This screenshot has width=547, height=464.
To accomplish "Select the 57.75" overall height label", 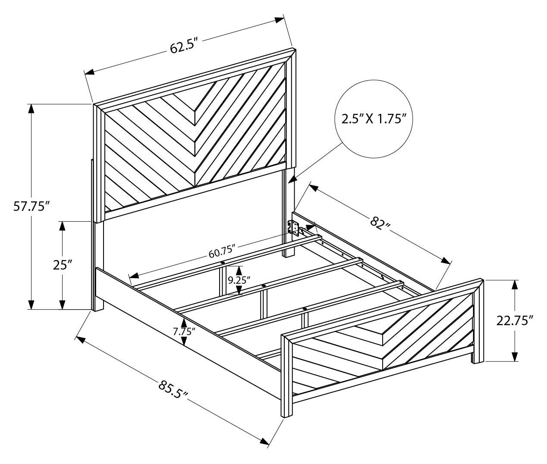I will [x=29, y=207].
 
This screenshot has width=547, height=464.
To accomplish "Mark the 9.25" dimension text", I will [x=239, y=279].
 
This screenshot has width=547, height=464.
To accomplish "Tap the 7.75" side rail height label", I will [x=184, y=332].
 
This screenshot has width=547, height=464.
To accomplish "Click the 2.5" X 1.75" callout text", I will [x=374, y=119].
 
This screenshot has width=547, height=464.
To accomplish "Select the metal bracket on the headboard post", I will [x=294, y=228].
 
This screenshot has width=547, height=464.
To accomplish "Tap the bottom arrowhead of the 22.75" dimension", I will [x=515, y=357].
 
